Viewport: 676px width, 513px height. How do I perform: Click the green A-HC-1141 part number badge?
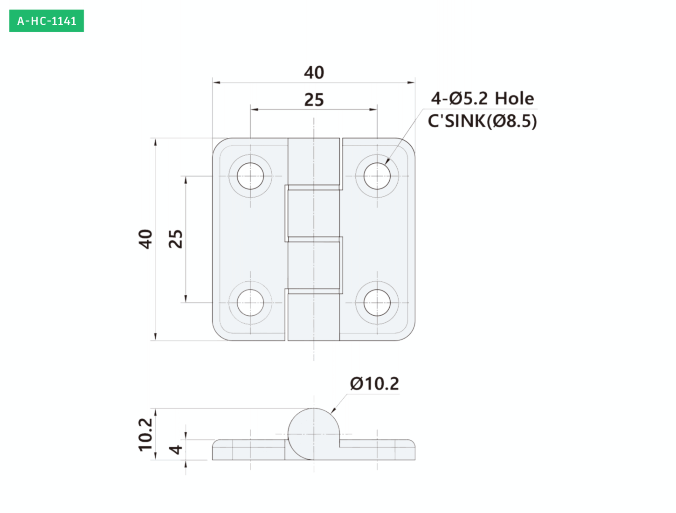coord(47,21)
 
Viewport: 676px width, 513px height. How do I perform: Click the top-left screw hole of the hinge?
coord(250,176)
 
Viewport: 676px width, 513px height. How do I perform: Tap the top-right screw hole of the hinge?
coord(377,176)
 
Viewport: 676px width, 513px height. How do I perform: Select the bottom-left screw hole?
coord(250,303)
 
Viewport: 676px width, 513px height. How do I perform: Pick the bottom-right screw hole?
coord(377,303)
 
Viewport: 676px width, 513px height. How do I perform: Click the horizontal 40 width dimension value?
coord(314,73)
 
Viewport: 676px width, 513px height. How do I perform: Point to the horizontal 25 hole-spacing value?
coord(314,100)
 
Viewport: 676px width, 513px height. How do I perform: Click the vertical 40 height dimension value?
coord(145,239)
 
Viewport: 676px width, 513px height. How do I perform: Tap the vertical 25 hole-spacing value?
coord(176,239)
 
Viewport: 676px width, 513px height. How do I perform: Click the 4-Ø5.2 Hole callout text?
coord(482,98)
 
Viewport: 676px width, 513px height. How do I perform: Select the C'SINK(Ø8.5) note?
coord(482,121)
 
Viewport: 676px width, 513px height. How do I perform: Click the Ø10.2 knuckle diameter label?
coord(374,384)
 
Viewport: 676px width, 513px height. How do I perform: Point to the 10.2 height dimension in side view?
coord(145,435)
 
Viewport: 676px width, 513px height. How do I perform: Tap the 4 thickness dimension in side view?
coord(176,450)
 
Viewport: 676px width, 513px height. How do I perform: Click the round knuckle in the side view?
coord(314,434)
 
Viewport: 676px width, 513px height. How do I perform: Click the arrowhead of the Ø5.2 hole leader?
coord(387,161)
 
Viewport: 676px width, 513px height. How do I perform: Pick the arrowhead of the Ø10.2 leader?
coord(332,410)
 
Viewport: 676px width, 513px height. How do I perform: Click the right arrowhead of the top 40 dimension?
coord(411,83)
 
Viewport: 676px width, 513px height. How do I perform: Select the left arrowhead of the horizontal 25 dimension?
coord(254,110)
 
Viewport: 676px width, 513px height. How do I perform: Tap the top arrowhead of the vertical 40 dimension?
coord(155,142)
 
